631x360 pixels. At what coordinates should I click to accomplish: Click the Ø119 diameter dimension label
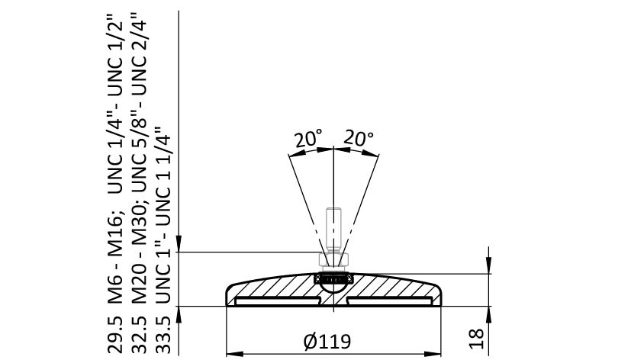(327, 342)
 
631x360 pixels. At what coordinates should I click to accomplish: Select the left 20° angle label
(308, 139)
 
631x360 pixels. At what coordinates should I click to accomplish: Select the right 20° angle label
(358, 138)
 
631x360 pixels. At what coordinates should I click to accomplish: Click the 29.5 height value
(115, 335)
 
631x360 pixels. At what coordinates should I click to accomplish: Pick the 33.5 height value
(163, 335)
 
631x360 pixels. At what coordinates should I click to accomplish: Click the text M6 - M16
(115, 259)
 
